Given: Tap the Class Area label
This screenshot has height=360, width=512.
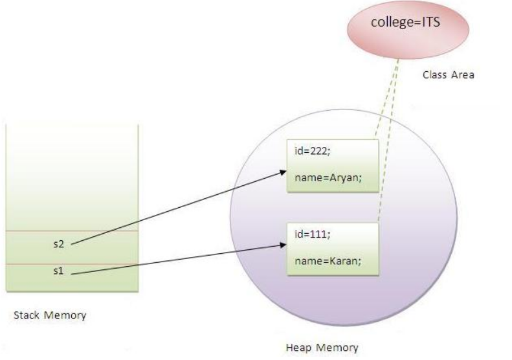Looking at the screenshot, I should [448, 74].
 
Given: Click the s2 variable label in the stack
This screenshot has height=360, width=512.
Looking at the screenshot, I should [59, 244].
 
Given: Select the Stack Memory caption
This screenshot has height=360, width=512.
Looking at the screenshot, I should [50, 316].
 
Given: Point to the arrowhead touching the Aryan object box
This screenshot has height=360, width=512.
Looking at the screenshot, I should [284, 172].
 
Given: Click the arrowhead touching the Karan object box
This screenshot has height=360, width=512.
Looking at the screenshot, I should [284, 245].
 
